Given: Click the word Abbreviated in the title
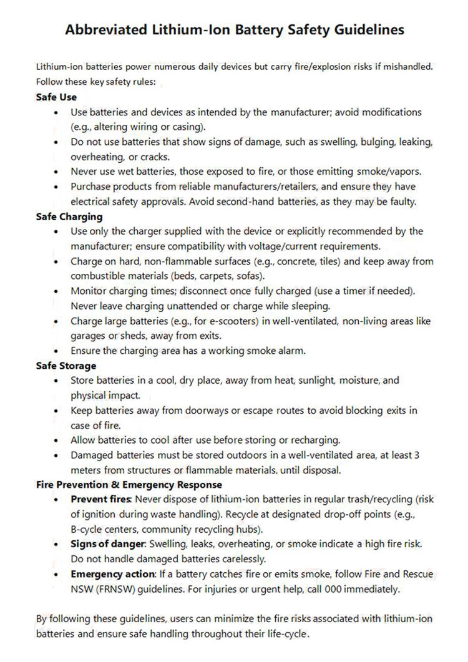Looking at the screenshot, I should [x=105, y=30].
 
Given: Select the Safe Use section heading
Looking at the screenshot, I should [x=56, y=97].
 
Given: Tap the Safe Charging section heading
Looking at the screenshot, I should [x=69, y=217].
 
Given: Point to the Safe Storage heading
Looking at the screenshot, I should [x=66, y=366].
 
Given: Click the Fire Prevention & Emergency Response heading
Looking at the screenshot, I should [x=129, y=484].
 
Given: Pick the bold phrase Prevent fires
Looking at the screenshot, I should [x=101, y=499].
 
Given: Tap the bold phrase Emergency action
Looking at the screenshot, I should [x=112, y=574].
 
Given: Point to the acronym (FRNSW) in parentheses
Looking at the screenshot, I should [x=115, y=589].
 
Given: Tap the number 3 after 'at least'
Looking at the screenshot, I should [x=417, y=454].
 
